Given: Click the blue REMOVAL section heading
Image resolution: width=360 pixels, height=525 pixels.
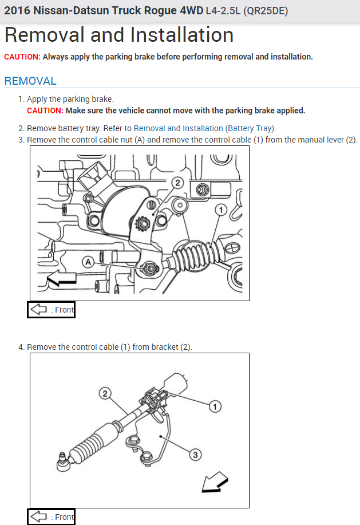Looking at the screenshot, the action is (x=30, y=81).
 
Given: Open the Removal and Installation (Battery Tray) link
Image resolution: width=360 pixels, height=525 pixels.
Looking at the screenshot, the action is (x=204, y=128).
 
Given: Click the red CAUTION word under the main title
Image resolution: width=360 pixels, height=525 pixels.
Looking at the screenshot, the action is (x=22, y=57).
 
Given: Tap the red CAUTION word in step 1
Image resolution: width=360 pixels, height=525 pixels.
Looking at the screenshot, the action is (x=45, y=110).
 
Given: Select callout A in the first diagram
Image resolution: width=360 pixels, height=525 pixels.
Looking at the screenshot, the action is (x=88, y=262).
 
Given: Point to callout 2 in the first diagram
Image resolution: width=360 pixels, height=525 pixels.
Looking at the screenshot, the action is (x=177, y=183).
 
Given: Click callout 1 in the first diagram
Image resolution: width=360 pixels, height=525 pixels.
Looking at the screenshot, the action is (x=220, y=210).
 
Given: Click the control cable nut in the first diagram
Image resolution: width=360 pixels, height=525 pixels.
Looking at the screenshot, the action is (x=150, y=268).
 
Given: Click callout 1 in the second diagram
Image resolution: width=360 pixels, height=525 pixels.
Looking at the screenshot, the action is (x=215, y=406).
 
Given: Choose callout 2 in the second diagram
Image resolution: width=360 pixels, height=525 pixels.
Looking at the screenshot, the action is (x=105, y=393).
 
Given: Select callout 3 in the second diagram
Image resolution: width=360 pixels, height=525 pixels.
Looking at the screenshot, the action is (x=195, y=455).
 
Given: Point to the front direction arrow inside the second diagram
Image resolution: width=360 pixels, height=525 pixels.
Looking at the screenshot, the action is (x=215, y=482).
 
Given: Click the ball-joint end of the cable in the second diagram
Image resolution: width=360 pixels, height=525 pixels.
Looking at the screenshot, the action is (x=62, y=461).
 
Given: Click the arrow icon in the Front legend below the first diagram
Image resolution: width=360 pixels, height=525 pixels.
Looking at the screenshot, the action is (x=38, y=309).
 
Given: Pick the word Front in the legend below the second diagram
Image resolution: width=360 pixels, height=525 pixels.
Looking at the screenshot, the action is (x=64, y=517).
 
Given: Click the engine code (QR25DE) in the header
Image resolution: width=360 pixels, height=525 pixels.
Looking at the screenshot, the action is (x=266, y=11).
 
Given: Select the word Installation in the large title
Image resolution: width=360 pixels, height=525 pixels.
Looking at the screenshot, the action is (x=181, y=35).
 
